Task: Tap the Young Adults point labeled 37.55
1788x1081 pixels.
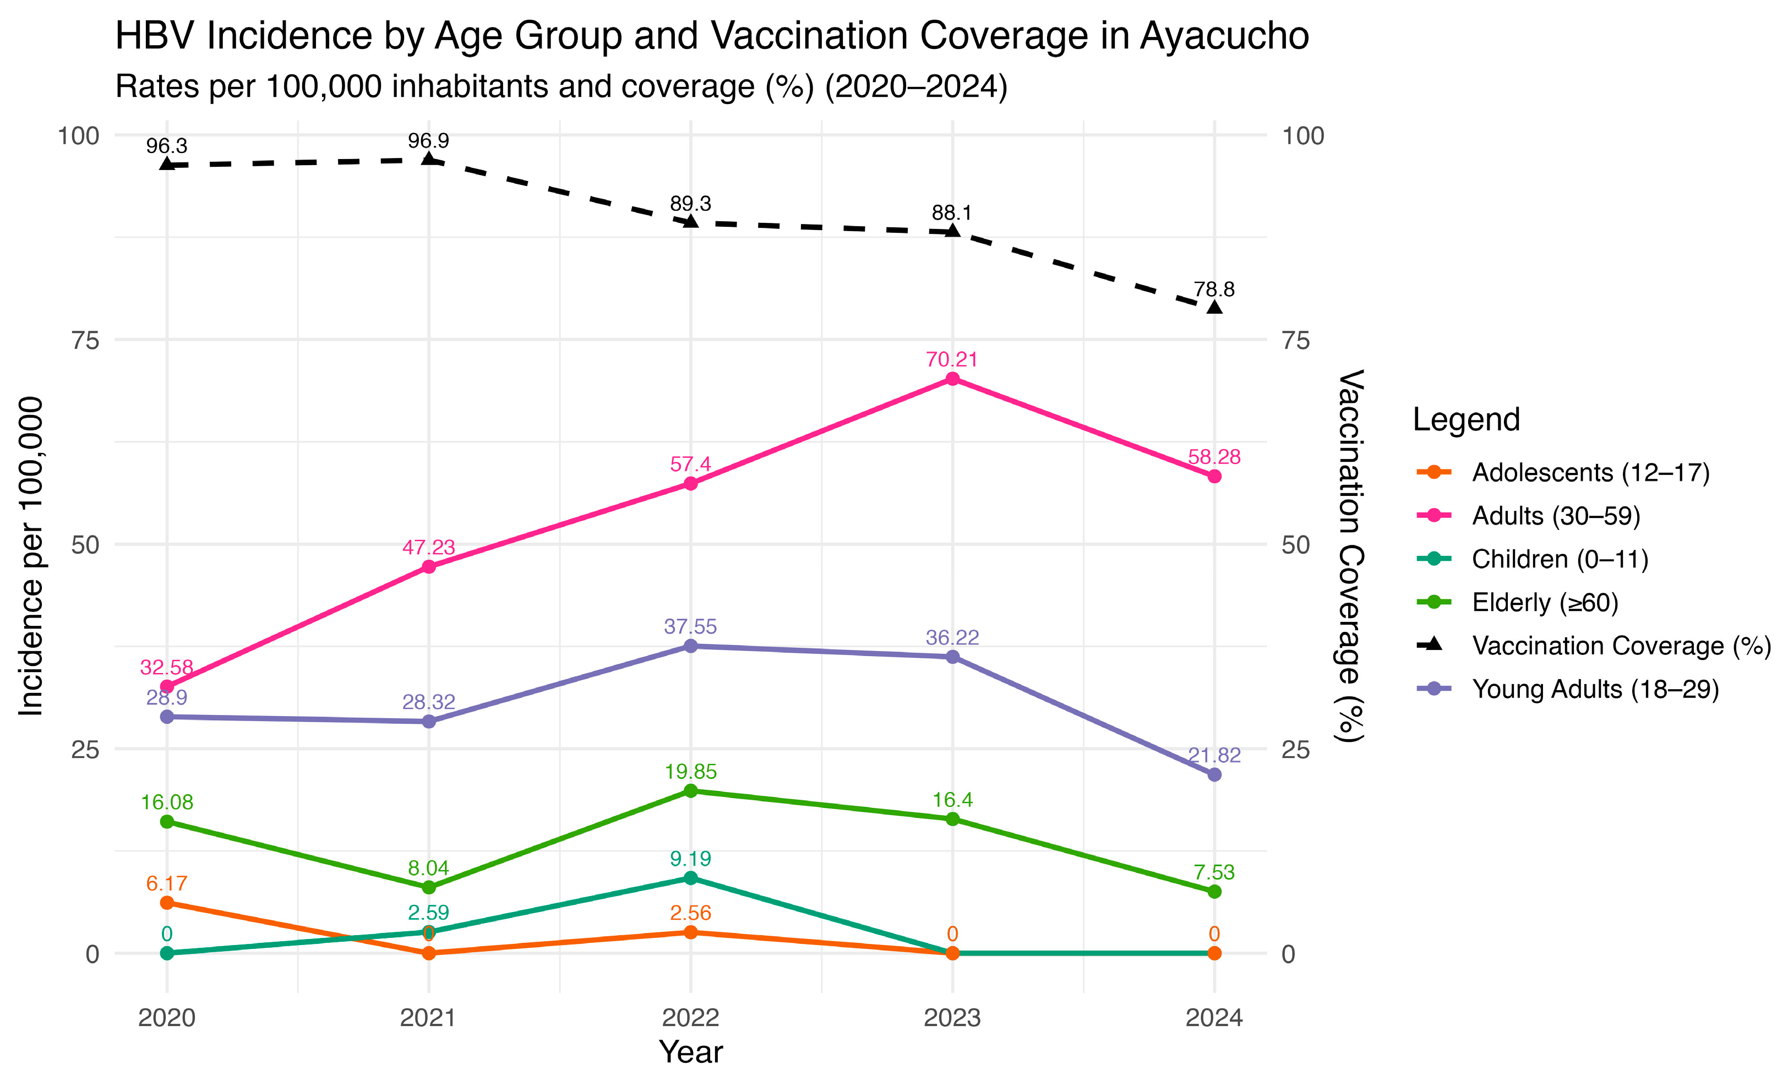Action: tap(690, 646)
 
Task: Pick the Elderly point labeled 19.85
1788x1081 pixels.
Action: tap(690, 791)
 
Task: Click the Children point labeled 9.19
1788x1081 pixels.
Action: tap(690, 878)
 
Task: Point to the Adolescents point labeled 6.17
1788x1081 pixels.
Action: tap(167, 903)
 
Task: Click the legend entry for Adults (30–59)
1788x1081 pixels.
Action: tap(1556, 516)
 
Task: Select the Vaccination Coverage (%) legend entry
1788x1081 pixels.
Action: tap(1621, 646)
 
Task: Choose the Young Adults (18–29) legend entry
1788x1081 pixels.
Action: tap(1595, 689)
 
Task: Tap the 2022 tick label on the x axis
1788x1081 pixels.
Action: tap(690, 1018)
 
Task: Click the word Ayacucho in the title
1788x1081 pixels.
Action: tap(1224, 36)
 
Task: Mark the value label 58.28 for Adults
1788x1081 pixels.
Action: tap(1214, 457)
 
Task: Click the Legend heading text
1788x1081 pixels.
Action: tap(1466, 420)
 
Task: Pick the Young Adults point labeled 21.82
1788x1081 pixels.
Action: tap(1214, 775)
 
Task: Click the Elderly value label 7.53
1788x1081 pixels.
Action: tap(1214, 872)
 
